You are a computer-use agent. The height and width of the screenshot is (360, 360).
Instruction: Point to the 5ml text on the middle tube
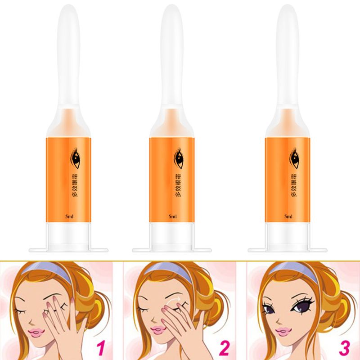coord(172,216)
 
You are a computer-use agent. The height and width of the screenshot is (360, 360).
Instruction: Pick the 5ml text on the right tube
coord(288,216)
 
